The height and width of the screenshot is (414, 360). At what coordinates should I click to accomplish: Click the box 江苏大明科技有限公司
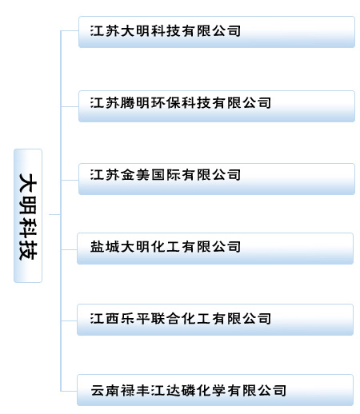pos(217,32)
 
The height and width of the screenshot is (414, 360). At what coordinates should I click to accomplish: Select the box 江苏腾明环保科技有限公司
pos(217,106)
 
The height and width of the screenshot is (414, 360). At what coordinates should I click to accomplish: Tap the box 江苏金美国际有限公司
pos(217,179)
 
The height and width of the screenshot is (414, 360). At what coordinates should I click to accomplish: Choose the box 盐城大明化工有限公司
pos(215,249)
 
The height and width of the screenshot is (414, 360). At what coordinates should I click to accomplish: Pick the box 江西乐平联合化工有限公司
pos(215,320)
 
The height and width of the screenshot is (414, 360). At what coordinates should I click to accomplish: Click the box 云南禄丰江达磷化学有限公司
pos(215,390)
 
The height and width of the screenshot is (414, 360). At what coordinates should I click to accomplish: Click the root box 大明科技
pos(28,216)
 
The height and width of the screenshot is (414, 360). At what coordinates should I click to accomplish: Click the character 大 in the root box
pos(28,182)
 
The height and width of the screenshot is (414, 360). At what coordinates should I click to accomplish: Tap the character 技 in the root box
pos(28,251)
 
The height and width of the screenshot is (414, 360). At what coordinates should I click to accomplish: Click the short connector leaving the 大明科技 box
pos(55,214)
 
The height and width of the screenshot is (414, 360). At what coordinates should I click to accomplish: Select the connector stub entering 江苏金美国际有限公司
pos(70,180)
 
